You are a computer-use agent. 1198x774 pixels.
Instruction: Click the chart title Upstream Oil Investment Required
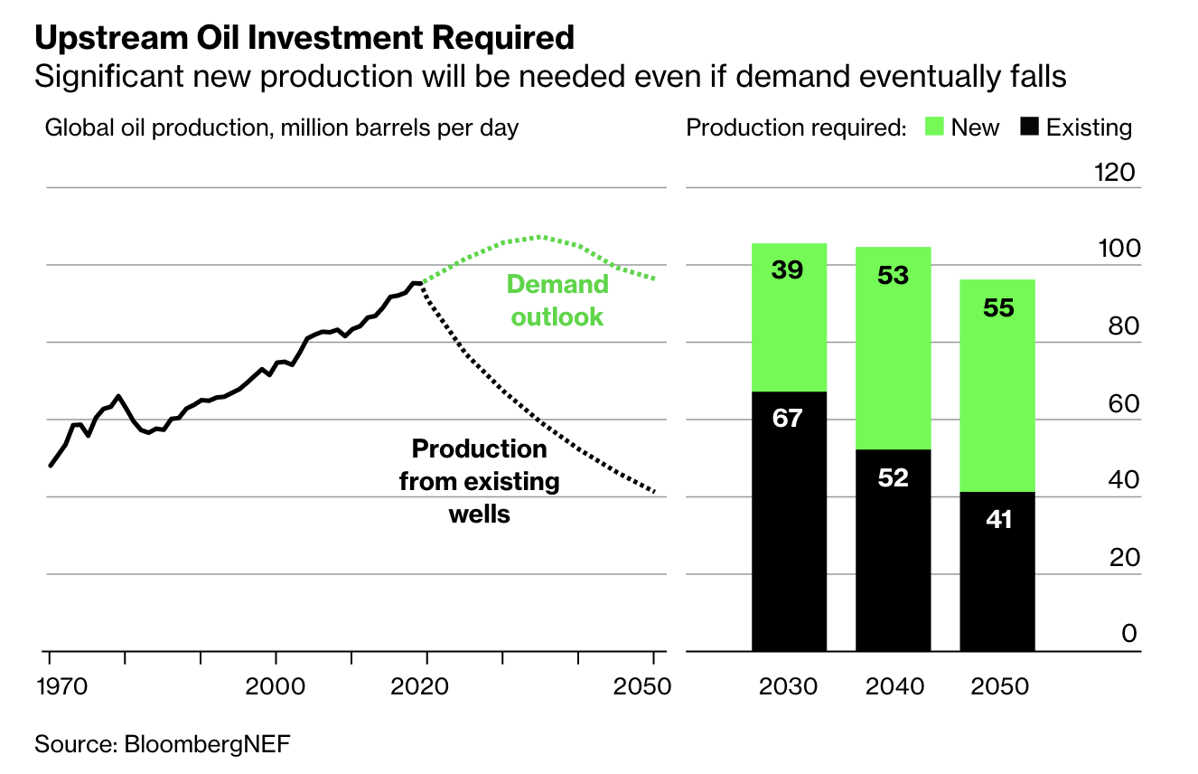click(304, 38)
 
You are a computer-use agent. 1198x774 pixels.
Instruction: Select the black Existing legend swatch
click(1028, 127)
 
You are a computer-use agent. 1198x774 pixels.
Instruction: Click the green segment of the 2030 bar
click(789, 317)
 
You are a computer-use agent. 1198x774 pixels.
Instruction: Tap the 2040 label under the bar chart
click(894, 686)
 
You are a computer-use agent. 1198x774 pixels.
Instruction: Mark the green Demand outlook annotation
click(557, 300)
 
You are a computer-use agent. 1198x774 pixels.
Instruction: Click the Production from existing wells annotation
click(479, 481)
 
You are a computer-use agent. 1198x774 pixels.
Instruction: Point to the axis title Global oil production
click(282, 127)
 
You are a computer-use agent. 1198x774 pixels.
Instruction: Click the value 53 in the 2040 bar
click(893, 275)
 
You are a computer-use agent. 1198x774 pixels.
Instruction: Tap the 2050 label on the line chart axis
click(641, 685)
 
